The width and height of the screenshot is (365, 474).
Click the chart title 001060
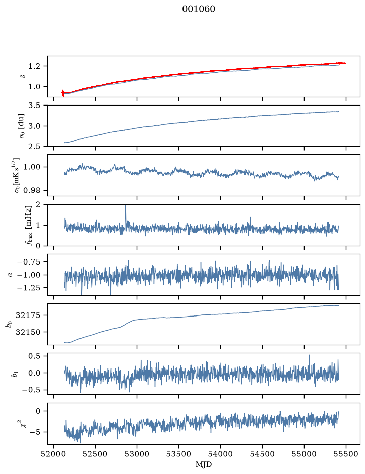[199, 9]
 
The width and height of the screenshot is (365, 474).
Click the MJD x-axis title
[204, 464]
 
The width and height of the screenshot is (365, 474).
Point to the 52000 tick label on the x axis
[54, 454]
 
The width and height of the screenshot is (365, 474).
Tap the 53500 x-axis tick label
[179, 454]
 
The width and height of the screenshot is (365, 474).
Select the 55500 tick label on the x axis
[346, 454]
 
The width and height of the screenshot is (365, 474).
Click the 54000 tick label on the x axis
[220, 454]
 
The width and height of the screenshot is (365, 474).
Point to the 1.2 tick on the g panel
[34, 66]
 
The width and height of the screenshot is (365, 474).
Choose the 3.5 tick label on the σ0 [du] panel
[34, 106]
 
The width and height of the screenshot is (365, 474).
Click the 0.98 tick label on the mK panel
[31, 191]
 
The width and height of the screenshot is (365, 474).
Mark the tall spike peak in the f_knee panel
[126, 205]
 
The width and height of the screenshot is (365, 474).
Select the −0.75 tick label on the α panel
[29, 262]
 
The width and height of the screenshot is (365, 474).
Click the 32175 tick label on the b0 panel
[28, 315]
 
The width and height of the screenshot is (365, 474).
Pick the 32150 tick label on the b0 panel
[28, 332]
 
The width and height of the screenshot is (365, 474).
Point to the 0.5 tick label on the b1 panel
[34, 356]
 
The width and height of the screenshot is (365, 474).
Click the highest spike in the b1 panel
[310, 355]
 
